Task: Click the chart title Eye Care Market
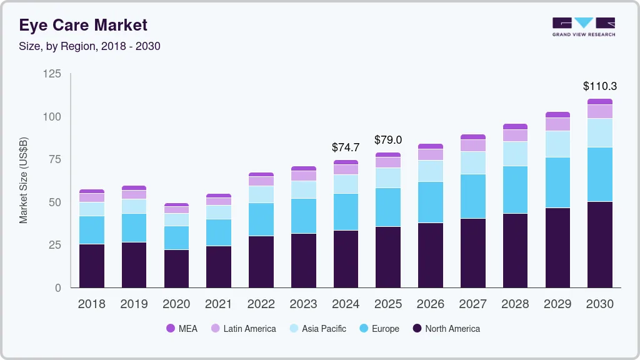point(83,25)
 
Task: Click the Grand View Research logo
point(583,26)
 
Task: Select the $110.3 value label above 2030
point(599,86)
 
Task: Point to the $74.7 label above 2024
point(346,147)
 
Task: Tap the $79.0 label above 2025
point(387,140)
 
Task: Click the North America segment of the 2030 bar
point(599,244)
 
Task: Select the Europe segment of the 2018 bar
point(92,230)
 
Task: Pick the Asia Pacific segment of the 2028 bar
point(515,154)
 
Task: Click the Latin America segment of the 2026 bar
point(431,154)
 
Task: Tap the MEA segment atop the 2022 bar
point(261,174)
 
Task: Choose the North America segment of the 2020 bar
point(176,269)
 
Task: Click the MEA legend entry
point(182,329)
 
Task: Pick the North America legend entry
point(446,329)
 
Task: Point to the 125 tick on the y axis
point(52,74)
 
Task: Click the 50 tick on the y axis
point(55,202)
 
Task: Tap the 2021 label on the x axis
point(219,304)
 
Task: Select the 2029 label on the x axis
point(557,304)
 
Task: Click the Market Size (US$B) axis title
point(24,180)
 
